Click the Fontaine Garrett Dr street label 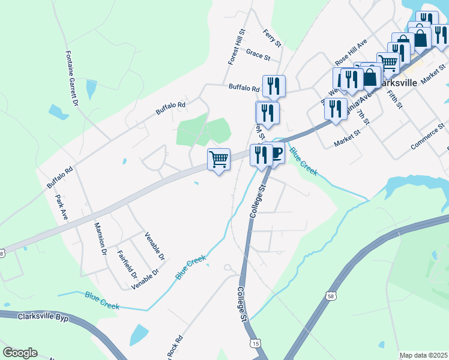coord(71,78)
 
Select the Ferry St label coord(273,38)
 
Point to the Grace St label coord(258,55)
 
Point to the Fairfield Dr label coord(127,265)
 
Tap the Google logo coord(20,353)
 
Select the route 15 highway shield coord(256,343)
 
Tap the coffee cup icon coord(277,154)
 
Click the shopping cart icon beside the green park coord(218,160)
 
